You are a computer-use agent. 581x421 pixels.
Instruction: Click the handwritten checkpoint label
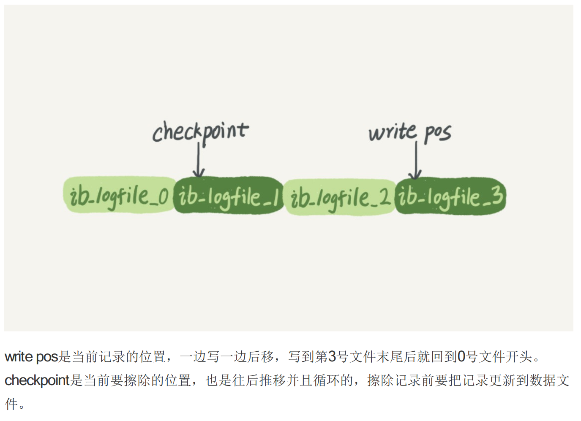pos(200,131)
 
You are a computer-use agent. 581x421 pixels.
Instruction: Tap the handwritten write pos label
pos(409,133)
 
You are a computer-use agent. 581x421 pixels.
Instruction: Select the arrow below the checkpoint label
pos(198,161)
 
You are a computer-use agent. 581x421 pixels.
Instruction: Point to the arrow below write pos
pos(415,161)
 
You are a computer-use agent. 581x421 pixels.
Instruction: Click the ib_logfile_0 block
pos(119,196)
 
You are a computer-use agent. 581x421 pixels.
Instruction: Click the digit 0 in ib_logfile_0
pos(164,197)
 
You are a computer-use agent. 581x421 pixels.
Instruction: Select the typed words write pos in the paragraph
pos(31,357)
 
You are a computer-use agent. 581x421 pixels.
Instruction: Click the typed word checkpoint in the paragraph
pos(37,380)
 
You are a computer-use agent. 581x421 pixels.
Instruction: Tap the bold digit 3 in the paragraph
pos(332,357)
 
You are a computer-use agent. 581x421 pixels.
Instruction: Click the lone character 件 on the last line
pos(11,404)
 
